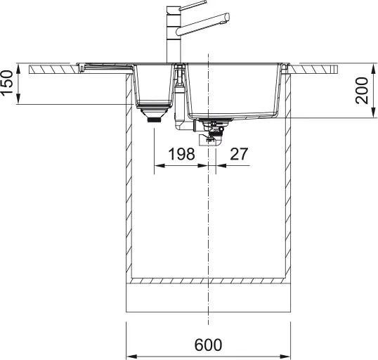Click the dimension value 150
coord(7,83)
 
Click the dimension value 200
coord(362,91)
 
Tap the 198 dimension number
coord(181,154)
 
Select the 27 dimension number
coord(239,154)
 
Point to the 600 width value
coord(208,345)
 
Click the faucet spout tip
coord(227,18)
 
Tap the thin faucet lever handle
coord(193,6)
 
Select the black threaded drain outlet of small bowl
coord(154,120)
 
